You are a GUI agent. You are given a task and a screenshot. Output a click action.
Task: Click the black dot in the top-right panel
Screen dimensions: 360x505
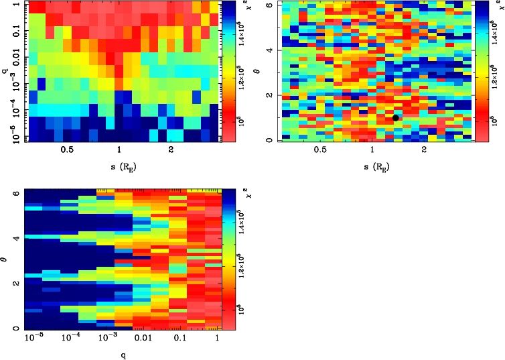click(x=396, y=118)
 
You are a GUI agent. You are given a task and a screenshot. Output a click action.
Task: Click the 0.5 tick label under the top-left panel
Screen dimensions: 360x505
click(x=66, y=150)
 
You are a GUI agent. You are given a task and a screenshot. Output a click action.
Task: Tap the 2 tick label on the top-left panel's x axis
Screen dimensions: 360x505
click(x=172, y=150)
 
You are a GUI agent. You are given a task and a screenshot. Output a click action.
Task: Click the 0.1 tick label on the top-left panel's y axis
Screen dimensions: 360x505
click(x=13, y=32)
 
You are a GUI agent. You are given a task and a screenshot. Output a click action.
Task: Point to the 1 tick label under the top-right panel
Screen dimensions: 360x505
click(x=372, y=150)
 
